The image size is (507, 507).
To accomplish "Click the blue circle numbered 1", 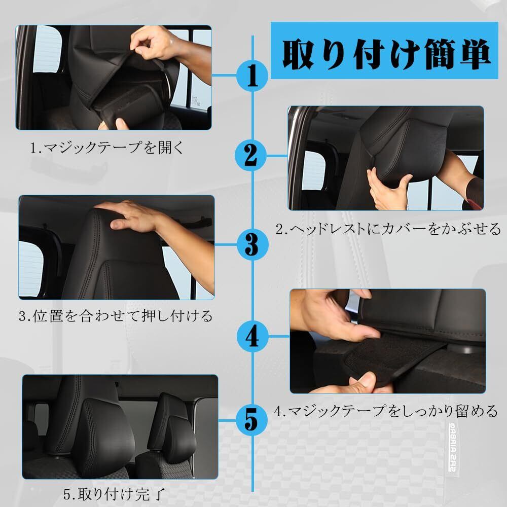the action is coord(252,76).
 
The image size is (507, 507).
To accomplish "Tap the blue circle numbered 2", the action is coord(250,156).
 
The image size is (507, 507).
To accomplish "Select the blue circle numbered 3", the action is coord(252,244).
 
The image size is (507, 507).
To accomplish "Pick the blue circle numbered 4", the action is coord(252,337).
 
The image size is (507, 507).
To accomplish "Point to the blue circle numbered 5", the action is coord(251,420).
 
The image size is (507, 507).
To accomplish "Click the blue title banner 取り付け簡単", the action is coord(384,50).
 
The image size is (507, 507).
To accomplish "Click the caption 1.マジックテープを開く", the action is coord(106,148).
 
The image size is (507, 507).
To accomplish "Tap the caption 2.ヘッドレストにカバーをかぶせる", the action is coord(388,229).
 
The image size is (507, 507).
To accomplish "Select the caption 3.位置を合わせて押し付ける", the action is coord(116,315).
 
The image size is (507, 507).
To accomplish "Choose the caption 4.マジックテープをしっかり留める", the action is coord(386,411).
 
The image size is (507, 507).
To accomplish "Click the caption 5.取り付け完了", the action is coord(114,494).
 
